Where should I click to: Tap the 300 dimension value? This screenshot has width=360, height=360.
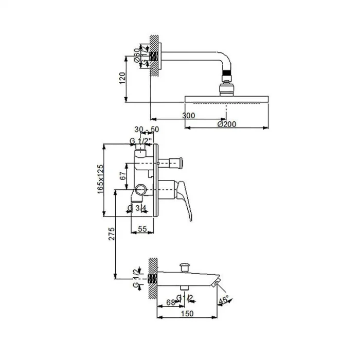(x=189, y=116)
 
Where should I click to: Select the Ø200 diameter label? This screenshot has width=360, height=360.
(x=226, y=124)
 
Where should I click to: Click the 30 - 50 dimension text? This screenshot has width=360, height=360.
(x=147, y=130)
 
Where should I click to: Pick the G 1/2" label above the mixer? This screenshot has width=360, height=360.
(x=139, y=141)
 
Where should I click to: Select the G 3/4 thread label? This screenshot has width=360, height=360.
(x=138, y=208)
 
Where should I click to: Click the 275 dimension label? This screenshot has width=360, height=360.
(x=111, y=234)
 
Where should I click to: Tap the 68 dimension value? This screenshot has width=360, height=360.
(x=169, y=302)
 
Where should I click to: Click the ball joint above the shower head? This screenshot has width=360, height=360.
(x=227, y=84)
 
